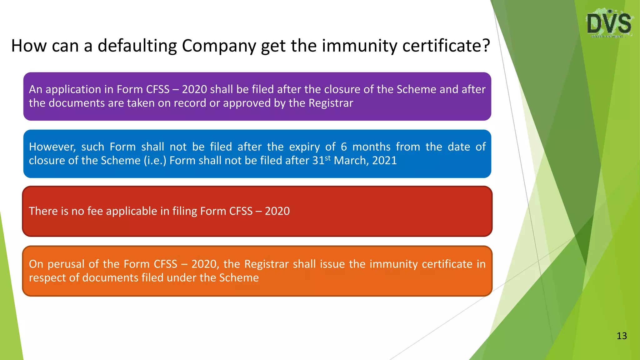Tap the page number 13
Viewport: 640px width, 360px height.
[622, 336]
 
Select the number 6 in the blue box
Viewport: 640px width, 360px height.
[344, 147]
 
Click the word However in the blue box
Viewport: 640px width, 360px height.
[52, 147]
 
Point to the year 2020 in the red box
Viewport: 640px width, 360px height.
[277, 211]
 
